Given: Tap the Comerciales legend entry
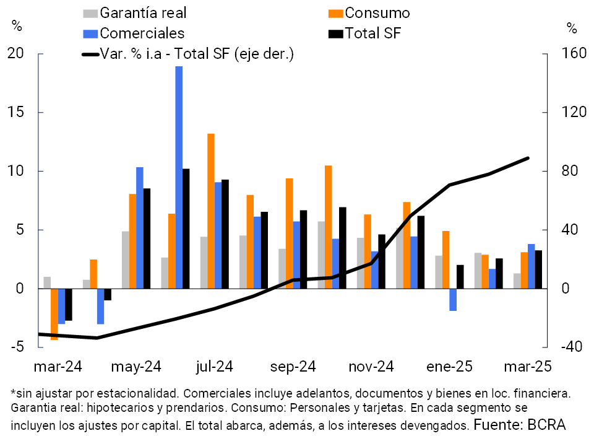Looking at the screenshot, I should (133, 33).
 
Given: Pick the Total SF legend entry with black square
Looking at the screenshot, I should (366, 33).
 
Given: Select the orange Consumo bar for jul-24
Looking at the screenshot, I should (211, 211).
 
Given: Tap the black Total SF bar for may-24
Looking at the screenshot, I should (147, 238).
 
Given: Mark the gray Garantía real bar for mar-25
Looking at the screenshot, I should (517, 281).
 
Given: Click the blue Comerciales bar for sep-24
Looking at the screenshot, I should (296, 255).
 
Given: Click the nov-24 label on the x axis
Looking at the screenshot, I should (371, 367).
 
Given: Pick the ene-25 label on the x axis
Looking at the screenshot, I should (449, 367).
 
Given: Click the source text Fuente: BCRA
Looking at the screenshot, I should (519, 424).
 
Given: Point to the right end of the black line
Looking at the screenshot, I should (528, 158).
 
